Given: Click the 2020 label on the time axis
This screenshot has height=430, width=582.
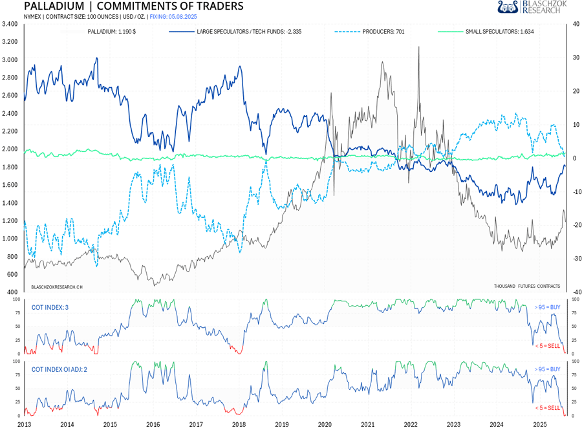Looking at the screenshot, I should coord(324,424).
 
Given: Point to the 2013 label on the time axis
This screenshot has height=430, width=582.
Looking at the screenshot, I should coord(24,424).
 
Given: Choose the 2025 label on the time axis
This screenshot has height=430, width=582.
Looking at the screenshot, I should coord(539,424).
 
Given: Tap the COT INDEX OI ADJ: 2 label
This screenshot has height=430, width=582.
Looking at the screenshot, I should coord(60,369).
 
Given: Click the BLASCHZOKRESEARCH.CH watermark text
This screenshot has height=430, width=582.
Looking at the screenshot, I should coord(57,286).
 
